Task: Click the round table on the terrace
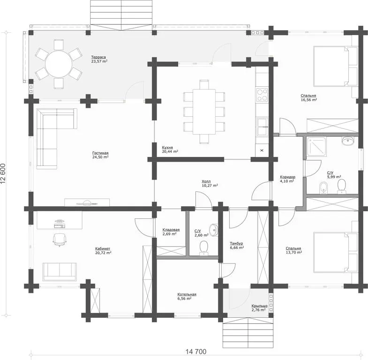tap(59, 64)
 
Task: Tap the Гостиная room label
tap(100, 153)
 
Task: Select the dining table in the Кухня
tap(204, 112)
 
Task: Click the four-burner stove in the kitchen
tap(262, 95)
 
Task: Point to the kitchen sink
tap(263, 127)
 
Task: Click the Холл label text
tap(206, 181)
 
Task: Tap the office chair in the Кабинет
tap(60, 240)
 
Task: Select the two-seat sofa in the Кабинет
tap(60, 272)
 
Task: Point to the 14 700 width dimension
tap(196, 352)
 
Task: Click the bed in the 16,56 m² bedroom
tap(335, 66)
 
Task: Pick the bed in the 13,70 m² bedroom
tap(335, 253)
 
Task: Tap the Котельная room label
tap(187, 294)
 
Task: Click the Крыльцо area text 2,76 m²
tap(258, 310)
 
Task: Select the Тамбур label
tap(236, 243)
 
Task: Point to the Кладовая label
tap(171, 230)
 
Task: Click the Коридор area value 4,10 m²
tap(287, 181)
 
